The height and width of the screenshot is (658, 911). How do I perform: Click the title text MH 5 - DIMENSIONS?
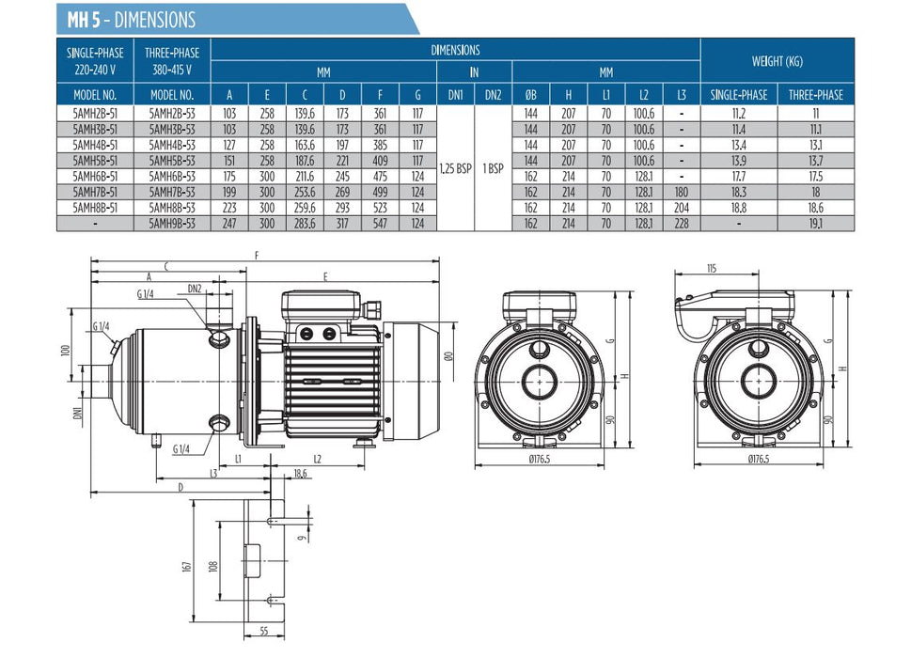[x=132, y=19]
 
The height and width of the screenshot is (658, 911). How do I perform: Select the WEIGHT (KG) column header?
[x=777, y=61]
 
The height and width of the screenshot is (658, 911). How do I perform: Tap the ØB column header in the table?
[x=530, y=95]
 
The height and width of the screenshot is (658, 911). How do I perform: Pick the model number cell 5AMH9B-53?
[x=172, y=223]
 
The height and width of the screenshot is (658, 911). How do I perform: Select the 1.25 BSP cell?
[x=456, y=167]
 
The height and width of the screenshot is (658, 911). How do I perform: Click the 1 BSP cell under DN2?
[x=493, y=167]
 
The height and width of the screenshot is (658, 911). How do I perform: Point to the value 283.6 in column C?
[x=305, y=223]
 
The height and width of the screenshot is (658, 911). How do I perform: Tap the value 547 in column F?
[x=381, y=223]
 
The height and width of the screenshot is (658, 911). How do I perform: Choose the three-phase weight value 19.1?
[x=816, y=223]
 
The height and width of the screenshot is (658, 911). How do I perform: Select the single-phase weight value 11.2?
[x=738, y=111]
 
